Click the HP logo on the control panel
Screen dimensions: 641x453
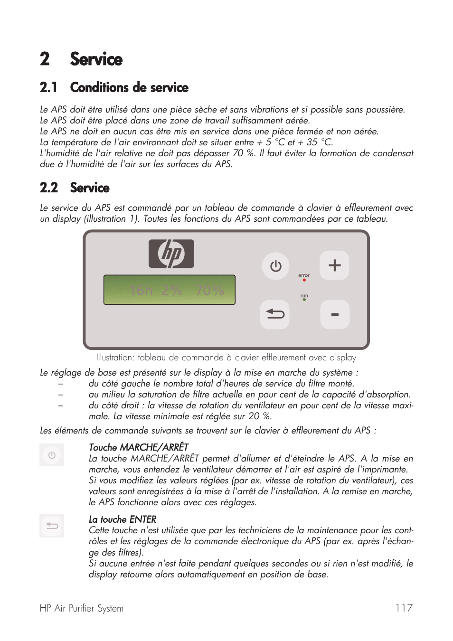point(171,254)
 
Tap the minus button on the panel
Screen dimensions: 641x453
point(335,315)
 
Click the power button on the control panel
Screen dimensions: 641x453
point(275,266)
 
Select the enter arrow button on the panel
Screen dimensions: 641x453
point(275,314)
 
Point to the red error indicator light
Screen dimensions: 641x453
point(304,280)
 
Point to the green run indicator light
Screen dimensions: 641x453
point(304,300)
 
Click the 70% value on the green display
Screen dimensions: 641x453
point(209,291)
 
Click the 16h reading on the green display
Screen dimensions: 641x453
point(141,291)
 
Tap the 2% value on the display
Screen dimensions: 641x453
point(171,291)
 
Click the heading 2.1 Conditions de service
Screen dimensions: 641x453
point(114,88)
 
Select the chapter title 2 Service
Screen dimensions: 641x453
point(81,59)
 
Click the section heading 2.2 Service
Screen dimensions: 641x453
point(75,188)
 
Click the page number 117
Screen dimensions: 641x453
point(404,608)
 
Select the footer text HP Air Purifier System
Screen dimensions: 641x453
point(82,608)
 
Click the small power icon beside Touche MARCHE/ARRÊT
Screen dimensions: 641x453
point(52,455)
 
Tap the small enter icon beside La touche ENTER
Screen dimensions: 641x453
point(52,526)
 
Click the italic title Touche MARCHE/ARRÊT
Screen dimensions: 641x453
point(138,447)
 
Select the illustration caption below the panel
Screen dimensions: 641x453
point(226,358)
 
